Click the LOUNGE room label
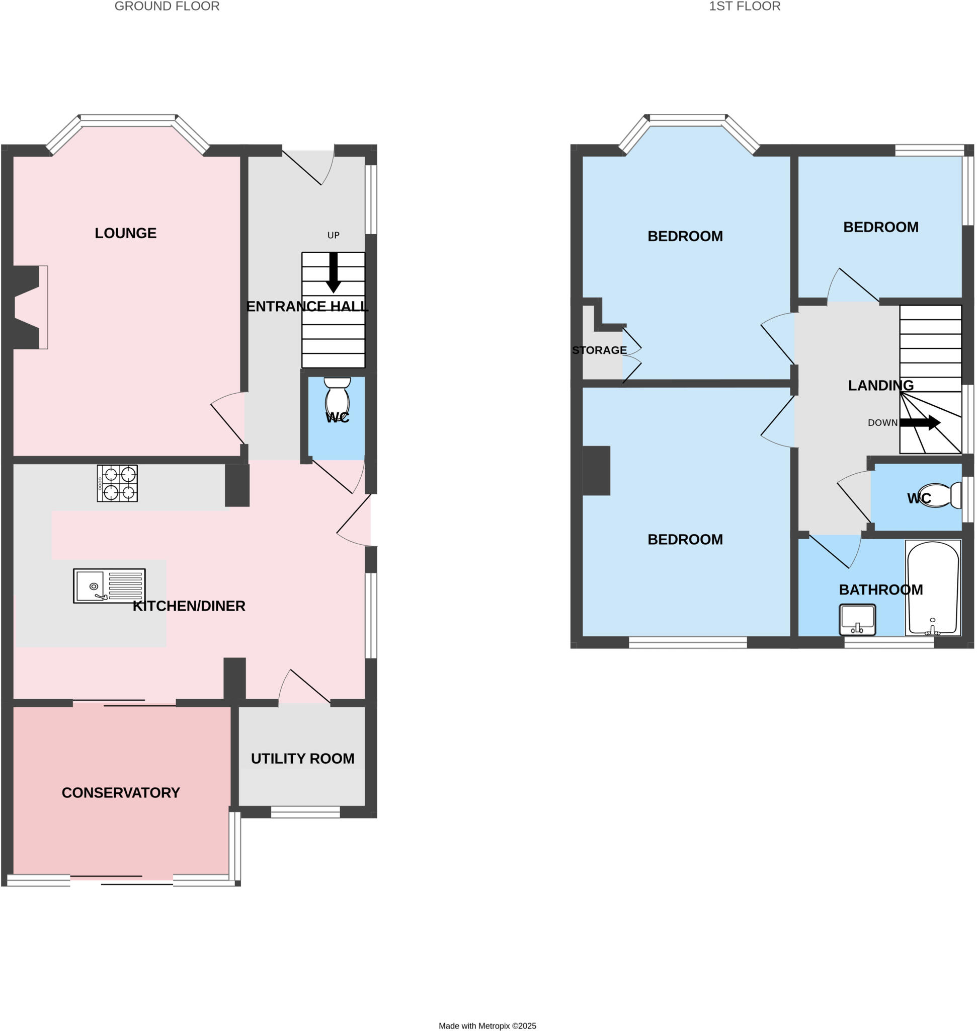click(125, 233)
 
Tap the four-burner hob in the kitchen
click(117, 483)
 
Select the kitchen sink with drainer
click(109, 586)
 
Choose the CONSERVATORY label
click(121, 793)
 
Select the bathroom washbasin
click(857, 620)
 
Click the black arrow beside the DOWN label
click(920, 422)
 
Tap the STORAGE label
click(599, 350)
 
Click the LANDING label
click(880, 385)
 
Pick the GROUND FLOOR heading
click(167, 6)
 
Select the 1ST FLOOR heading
click(744, 6)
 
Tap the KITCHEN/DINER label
click(189, 606)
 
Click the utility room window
click(305, 812)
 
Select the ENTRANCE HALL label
click(307, 307)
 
